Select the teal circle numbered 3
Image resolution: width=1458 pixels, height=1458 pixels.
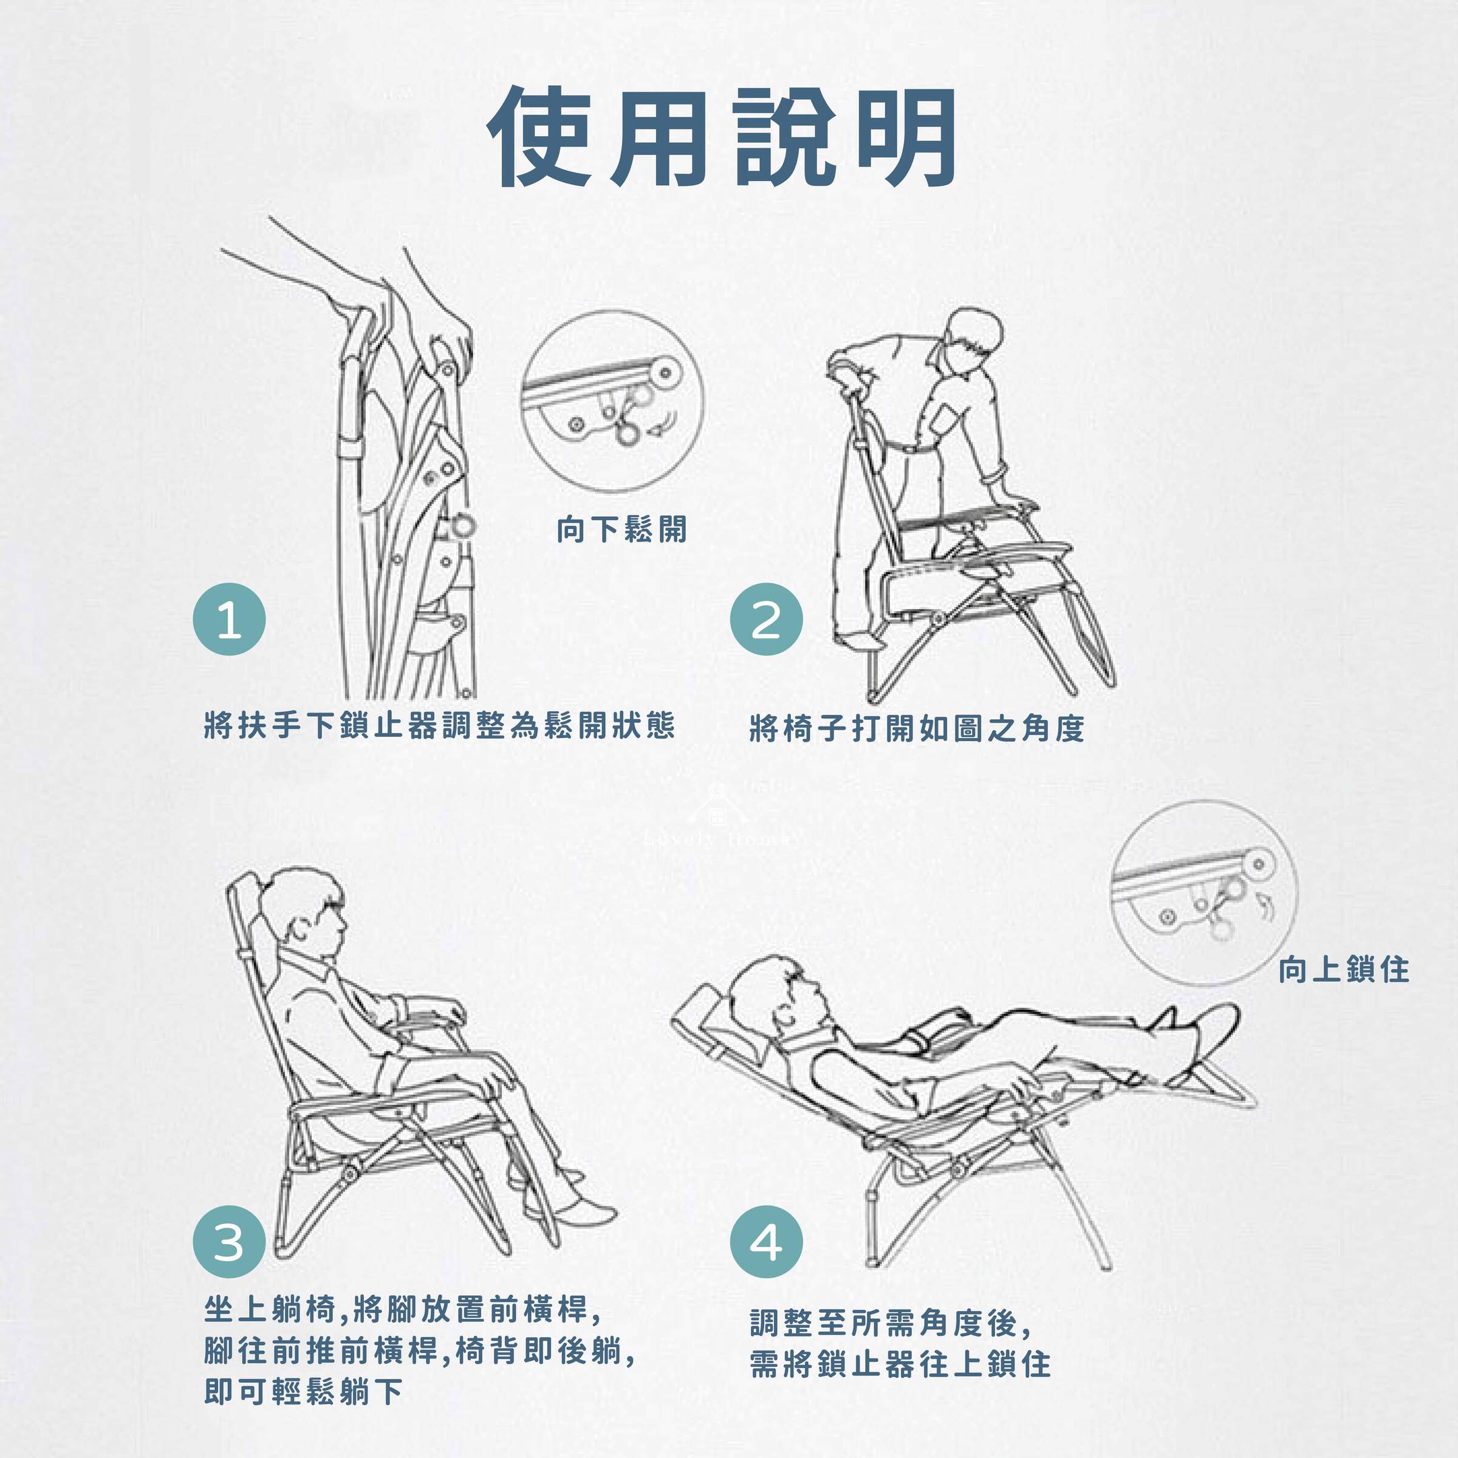coord(230,1241)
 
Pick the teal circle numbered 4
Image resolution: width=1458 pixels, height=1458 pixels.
coord(766,1241)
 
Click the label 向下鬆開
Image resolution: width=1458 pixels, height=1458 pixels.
coord(622,530)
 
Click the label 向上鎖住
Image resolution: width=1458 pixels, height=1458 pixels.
coord(1343,970)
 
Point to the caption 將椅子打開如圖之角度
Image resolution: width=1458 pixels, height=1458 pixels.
coord(917,728)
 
